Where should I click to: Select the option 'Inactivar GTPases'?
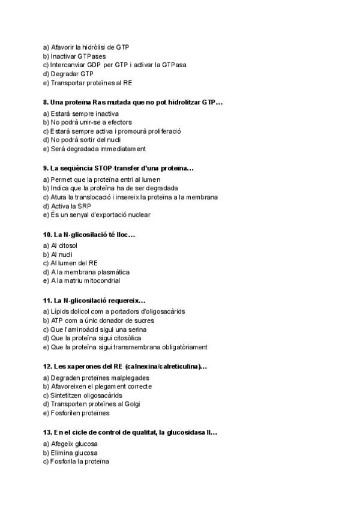pos(75,56)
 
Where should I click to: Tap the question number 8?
pos(46,103)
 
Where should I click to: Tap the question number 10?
pos(48,234)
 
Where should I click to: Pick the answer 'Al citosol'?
pos(64,245)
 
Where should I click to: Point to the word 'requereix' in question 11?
pos(126,300)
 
